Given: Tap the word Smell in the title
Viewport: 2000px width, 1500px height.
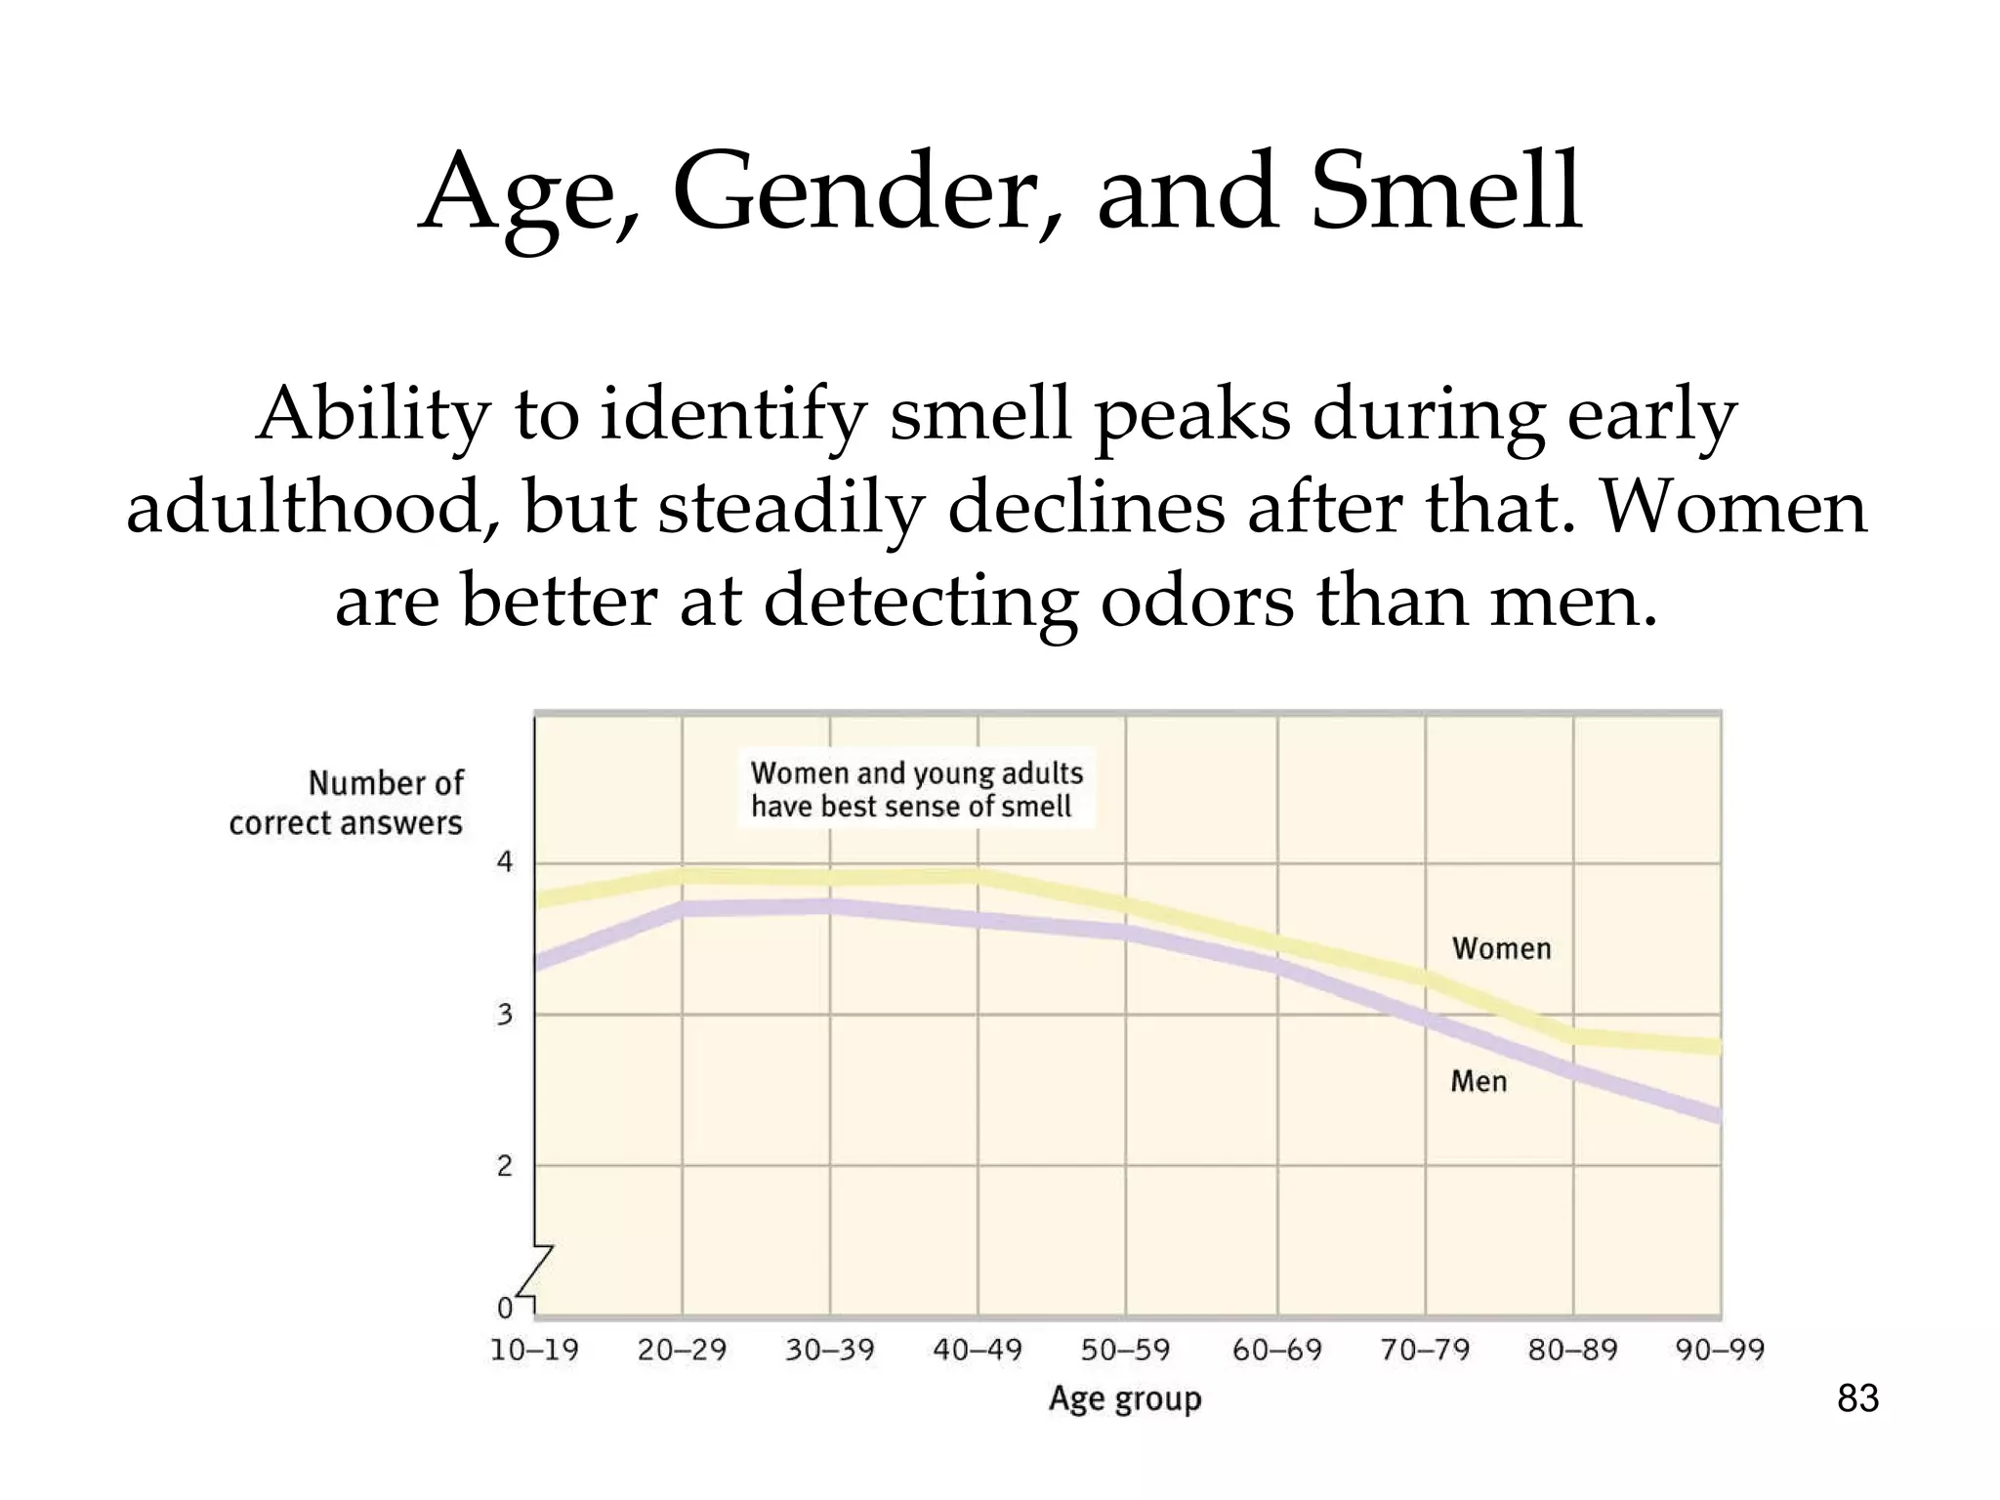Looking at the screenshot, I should (x=1446, y=192).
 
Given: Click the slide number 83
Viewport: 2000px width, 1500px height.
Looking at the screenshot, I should (x=1857, y=1398).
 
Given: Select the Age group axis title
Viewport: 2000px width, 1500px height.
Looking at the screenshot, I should (x=1125, y=1399).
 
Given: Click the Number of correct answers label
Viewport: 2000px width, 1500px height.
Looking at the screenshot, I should (x=348, y=803).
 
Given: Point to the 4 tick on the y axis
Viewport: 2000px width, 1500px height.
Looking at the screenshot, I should (x=505, y=862).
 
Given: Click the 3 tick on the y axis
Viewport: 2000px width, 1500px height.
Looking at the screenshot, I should (x=505, y=1015).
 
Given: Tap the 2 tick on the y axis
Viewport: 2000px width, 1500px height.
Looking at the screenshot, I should (x=505, y=1166).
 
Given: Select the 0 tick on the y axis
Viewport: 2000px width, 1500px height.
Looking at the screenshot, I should (x=505, y=1308).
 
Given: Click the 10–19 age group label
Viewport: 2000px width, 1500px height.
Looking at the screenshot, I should (x=534, y=1351).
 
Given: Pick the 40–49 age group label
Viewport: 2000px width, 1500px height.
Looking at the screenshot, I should (x=978, y=1351).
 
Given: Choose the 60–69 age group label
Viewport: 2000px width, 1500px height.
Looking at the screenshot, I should (x=1276, y=1351).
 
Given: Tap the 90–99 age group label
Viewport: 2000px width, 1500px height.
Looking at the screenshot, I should (x=1720, y=1351).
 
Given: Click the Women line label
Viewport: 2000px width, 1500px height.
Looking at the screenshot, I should (x=1501, y=949).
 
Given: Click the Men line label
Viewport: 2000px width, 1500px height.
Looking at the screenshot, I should (x=1479, y=1082).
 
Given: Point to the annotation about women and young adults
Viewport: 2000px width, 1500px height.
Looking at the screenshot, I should (x=916, y=789).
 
